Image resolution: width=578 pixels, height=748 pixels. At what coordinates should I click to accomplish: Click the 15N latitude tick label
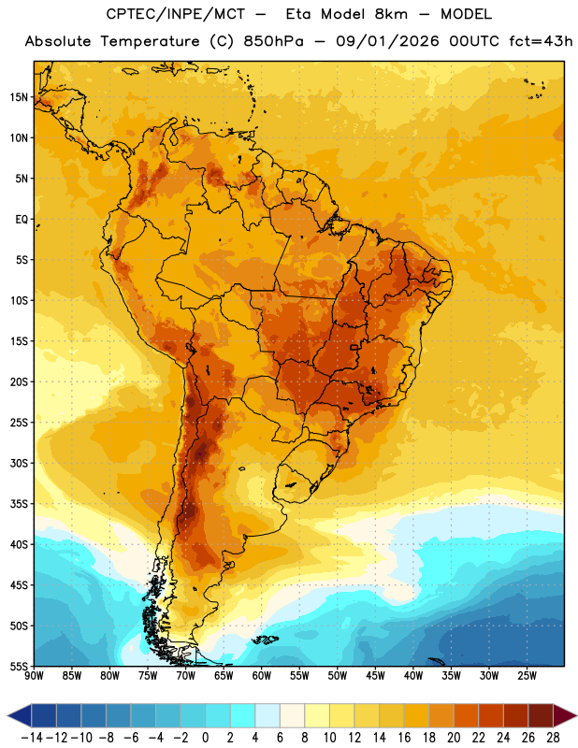[19, 97]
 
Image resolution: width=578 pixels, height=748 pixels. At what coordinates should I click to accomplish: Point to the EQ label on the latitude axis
[22, 220]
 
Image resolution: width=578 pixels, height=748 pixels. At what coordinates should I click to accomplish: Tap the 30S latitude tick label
[19, 463]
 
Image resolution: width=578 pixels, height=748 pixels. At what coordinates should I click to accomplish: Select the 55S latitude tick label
[19, 666]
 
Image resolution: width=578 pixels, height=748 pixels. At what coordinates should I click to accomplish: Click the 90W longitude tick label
[34, 676]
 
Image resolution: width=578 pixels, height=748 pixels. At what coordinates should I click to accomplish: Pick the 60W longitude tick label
[262, 676]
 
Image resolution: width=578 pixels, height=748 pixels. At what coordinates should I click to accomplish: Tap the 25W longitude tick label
[527, 676]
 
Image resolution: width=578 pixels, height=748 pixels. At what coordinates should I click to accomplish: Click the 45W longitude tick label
[375, 676]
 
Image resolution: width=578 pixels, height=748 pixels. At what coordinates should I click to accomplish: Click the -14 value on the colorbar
[32, 738]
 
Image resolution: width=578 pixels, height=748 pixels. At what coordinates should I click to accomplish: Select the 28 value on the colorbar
[553, 738]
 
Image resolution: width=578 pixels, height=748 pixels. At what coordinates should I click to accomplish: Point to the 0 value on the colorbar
[206, 738]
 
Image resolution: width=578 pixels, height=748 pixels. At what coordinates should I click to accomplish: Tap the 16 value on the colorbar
[404, 738]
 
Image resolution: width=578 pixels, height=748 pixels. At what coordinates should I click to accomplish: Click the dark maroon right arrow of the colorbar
[565, 715]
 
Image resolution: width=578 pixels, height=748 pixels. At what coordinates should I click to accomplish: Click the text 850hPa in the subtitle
[273, 41]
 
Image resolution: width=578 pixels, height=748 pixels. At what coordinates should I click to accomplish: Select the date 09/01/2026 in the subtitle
[387, 41]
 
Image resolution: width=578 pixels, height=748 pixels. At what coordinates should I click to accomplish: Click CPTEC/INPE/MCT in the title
[176, 14]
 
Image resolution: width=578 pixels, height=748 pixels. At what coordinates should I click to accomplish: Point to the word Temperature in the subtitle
[150, 42]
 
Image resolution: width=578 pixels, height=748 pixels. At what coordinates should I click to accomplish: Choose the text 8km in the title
[391, 14]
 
